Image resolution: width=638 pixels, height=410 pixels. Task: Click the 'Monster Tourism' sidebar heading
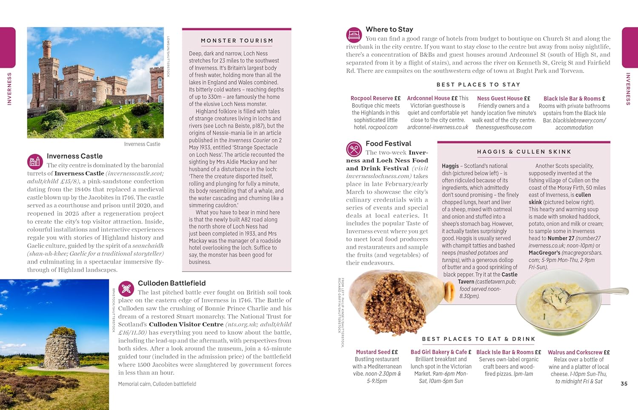[x=237, y=41]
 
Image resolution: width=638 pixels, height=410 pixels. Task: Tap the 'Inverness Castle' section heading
[x=74, y=156]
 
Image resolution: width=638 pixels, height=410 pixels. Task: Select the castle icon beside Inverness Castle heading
[x=35, y=162]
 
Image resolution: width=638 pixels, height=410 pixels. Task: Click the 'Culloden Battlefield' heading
[x=171, y=283]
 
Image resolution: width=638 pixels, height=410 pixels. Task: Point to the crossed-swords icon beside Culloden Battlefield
[x=126, y=289]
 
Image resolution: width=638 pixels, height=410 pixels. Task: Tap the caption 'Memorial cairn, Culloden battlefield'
[x=157, y=384]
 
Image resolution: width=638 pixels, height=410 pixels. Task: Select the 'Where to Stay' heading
[x=389, y=29]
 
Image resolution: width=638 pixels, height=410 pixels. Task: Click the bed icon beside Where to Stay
[x=354, y=34]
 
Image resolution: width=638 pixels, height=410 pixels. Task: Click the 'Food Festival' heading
[x=388, y=144]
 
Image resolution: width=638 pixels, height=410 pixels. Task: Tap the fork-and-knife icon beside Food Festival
[x=354, y=149]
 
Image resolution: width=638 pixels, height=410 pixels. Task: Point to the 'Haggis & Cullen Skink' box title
[x=524, y=152]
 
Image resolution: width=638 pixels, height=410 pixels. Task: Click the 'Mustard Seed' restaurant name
[x=373, y=352]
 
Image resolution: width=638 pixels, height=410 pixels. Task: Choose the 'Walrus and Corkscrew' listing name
[x=575, y=352]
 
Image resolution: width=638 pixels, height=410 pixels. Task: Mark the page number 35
[x=624, y=384]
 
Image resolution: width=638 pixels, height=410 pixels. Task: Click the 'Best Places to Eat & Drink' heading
[x=478, y=339]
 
